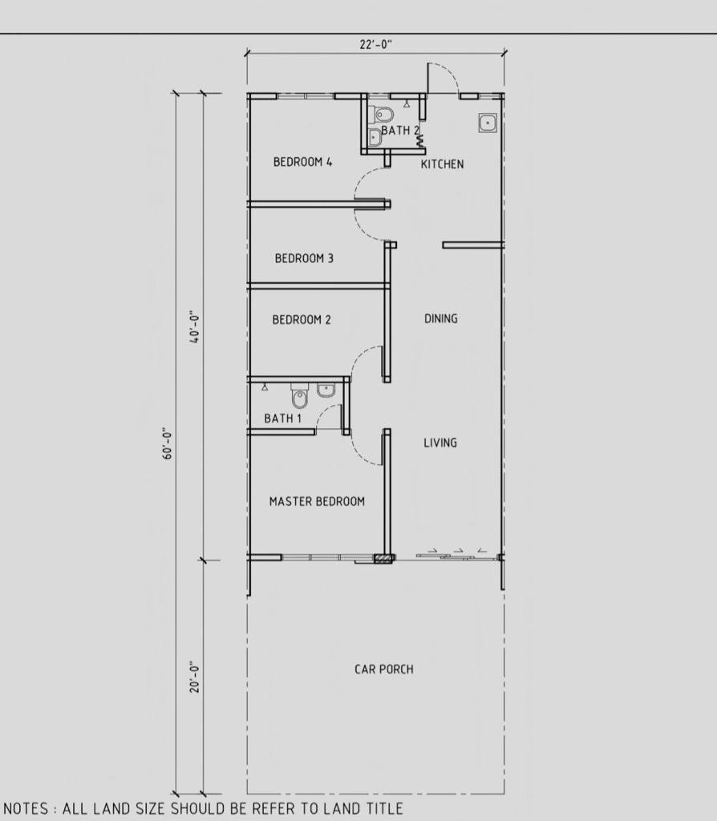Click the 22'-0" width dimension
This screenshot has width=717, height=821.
(x=375, y=45)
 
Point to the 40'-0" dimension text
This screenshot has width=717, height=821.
(x=195, y=328)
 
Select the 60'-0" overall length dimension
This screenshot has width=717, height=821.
(x=167, y=444)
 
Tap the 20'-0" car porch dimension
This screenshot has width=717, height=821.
(x=195, y=677)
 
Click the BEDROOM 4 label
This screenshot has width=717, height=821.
(x=302, y=162)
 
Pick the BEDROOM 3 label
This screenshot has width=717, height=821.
(x=304, y=258)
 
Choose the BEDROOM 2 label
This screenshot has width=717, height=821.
(x=302, y=319)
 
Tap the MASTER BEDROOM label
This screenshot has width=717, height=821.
(x=317, y=502)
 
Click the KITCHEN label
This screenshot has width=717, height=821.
(x=442, y=164)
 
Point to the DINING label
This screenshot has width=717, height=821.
(x=440, y=318)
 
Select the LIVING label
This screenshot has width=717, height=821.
(x=440, y=443)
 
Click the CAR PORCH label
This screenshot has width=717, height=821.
(x=384, y=669)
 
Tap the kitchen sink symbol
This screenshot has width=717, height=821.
(x=488, y=123)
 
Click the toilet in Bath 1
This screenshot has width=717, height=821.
(x=300, y=396)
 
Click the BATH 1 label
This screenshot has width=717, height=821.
(x=283, y=419)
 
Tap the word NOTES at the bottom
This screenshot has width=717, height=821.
(x=26, y=809)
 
